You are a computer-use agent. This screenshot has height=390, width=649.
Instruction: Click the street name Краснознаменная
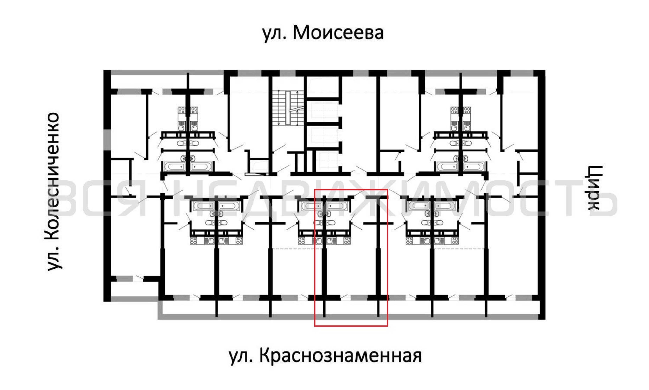pyautogui.click(x=340, y=356)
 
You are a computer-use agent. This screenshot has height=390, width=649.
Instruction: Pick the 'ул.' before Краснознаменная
pyautogui.click(x=241, y=357)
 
